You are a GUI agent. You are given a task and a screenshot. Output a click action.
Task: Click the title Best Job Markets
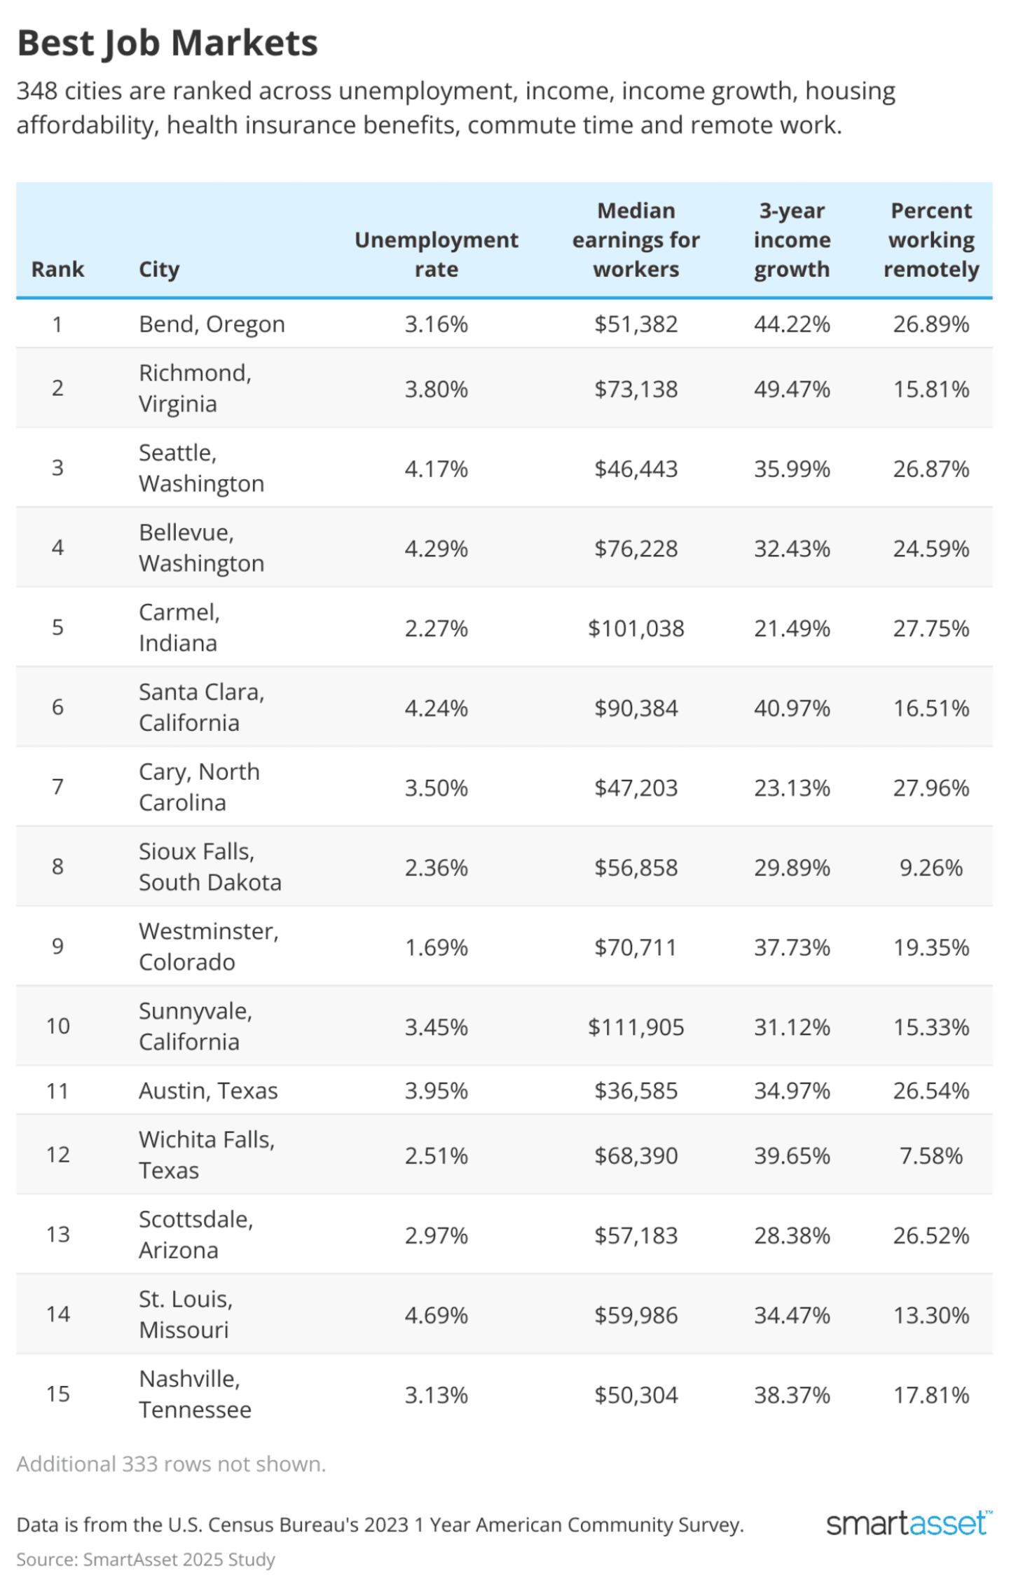pyautogui.click(x=167, y=43)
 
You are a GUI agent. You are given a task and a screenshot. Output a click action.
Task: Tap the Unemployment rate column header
pyautogui.click(x=436, y=254)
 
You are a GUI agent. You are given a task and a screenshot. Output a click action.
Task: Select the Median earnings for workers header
pyautogui.click(x=636, y=240)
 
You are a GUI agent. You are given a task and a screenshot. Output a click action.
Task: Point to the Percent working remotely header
pyautogui.click(x=931, y=240)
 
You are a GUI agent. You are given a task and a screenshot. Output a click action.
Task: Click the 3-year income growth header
pyautogui.click(x=792, y=240)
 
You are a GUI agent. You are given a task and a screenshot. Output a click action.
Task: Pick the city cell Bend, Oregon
pyautogui.click(x=212, y=324)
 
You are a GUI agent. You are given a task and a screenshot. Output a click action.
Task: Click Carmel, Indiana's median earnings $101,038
pyautogui.click(x=636, y=628)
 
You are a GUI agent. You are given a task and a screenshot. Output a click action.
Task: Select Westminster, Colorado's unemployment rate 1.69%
pyautogui.click(x=436, y=947)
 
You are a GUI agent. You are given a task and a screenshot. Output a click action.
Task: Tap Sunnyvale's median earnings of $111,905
pyautogui.click(x=636, y=1026)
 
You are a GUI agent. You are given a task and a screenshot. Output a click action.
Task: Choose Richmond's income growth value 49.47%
pyautogui.click(x=792, y=388)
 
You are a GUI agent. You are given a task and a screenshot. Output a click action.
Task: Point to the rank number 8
pyautogui.click(x=57, y=867)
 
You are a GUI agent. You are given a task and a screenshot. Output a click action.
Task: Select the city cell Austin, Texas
pyautogui.click(x=208, y=1090)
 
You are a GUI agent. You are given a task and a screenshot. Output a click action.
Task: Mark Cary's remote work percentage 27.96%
pyautogui.click(x=931, y=788)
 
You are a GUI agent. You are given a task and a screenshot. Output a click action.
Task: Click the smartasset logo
pyautogui.click(x=908, y=1523)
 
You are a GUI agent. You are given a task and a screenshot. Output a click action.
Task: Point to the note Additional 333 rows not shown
pyautogui.click(x=171, y=1464)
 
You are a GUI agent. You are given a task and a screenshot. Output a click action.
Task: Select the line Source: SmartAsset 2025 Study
pyautogui.click(x=146, y=1559)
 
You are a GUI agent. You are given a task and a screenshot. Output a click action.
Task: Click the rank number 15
pyautogui.click(x=57, y=1394)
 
